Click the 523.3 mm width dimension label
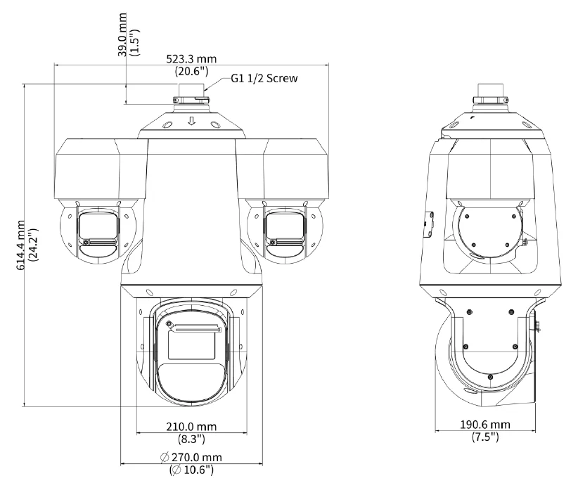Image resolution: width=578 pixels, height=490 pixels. (x=191, y=59)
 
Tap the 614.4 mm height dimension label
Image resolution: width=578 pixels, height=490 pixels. (x=21, y=245)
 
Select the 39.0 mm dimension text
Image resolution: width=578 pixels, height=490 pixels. (x=123, y=34)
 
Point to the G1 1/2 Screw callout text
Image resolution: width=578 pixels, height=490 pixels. (x=264, y=78)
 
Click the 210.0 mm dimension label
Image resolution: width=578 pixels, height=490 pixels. (x=191, y=427)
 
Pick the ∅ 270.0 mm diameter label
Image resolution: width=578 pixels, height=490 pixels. (x=191, y=457)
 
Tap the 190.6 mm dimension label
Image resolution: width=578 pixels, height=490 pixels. (x=485, y=425)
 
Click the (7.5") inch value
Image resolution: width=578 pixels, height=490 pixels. (x=485, y=437)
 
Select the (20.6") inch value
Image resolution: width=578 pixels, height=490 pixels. (x=191, y=71)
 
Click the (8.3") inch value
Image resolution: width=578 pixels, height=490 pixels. (x=191, y=439)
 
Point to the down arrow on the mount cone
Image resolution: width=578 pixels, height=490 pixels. (x=191, y=121)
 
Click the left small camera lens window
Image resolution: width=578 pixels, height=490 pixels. (x=98, y=226)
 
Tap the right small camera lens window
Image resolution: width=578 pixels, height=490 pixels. (x=285, y=226)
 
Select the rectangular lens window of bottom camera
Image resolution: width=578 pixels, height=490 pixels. (x=191, y=345)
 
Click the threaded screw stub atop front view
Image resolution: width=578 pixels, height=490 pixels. (x=191, y=90)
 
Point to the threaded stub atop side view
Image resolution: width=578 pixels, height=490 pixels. (x=491, y=90)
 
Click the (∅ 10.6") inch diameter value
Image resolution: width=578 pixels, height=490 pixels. (x=191, y=470)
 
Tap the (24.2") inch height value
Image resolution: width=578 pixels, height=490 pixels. (x=33, y=245)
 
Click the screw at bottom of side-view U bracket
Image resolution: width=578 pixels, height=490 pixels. (x=490, y=377)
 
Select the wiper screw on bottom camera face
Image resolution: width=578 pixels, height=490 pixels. (x=169, y=324)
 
